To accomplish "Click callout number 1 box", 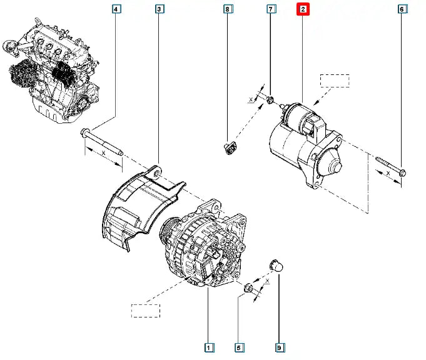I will pyautogui.click(x=208, y=346).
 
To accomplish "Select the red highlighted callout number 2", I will pyautogui.click(x=303, y=9).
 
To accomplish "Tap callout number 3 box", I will pyautogui.click(x=159, y=9).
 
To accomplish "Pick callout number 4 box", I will pyautogui.click(x=116, y=9).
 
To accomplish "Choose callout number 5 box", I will pyautogui.click(x=238, y=346).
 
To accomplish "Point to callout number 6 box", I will pyautogui.click(x=402, y=9).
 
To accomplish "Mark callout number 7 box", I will pyautogui.click(x=271, y=9).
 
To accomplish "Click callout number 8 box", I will pyautogui.click(x=228, y=9).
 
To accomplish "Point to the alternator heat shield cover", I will pyautogui.click(x=134, y=206).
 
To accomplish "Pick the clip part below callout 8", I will pyautogui.click(x=229, y=148).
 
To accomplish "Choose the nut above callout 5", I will pyautogui.click(x=248, y=288).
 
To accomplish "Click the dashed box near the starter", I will pyautogui.click(x=335, y=81).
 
